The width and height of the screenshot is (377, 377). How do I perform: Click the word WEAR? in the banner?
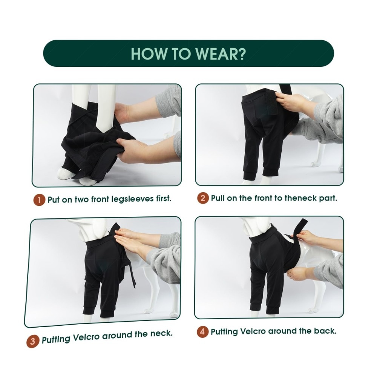(x=220, y=54)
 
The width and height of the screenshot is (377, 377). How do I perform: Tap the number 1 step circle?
(x=39, y=200)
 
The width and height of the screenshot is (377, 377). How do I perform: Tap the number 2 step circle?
(x=203, y=198)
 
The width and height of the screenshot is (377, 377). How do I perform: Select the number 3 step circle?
(x=32, y=341)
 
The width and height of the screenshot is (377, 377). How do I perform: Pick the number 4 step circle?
(x=202, y=331)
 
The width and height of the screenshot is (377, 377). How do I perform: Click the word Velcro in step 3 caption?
(x=86, y=337)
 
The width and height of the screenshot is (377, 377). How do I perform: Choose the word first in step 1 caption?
(x=164, y=199)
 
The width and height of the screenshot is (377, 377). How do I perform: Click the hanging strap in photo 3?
(x=131, y=274)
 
